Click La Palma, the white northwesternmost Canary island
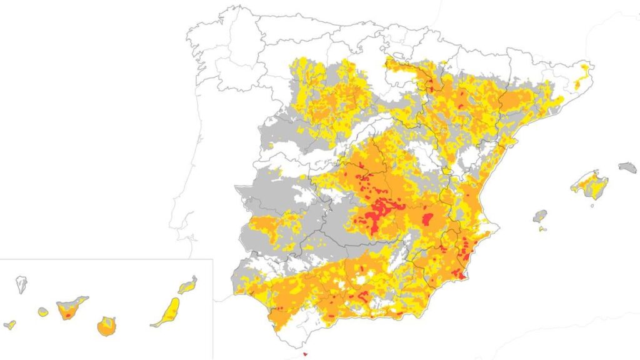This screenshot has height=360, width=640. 21,284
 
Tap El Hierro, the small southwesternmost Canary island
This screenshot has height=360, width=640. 10,324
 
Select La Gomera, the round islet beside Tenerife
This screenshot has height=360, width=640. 43,311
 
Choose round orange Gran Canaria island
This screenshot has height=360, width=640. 107,326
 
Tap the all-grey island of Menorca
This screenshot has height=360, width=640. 627,167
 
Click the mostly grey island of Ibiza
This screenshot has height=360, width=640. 540,216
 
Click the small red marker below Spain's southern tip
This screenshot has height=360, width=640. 305,354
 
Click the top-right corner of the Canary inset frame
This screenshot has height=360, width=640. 212,259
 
